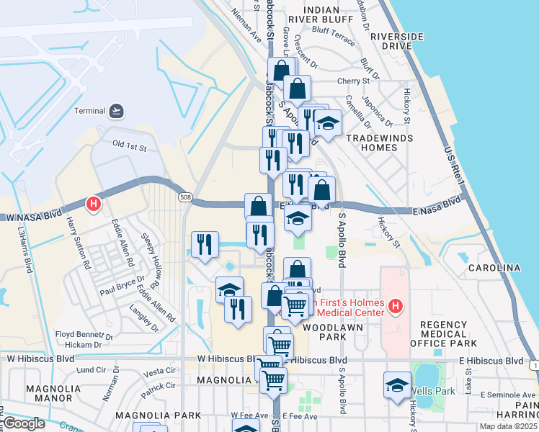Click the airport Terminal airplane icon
tap(117, 111)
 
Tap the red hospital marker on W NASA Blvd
tap(93, 204)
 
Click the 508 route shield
tap(186, 197)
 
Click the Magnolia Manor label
tap(48, 393)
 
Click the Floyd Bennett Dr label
tap(84, 336)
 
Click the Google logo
tap(24, 423)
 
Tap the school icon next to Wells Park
tap(397, 384)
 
